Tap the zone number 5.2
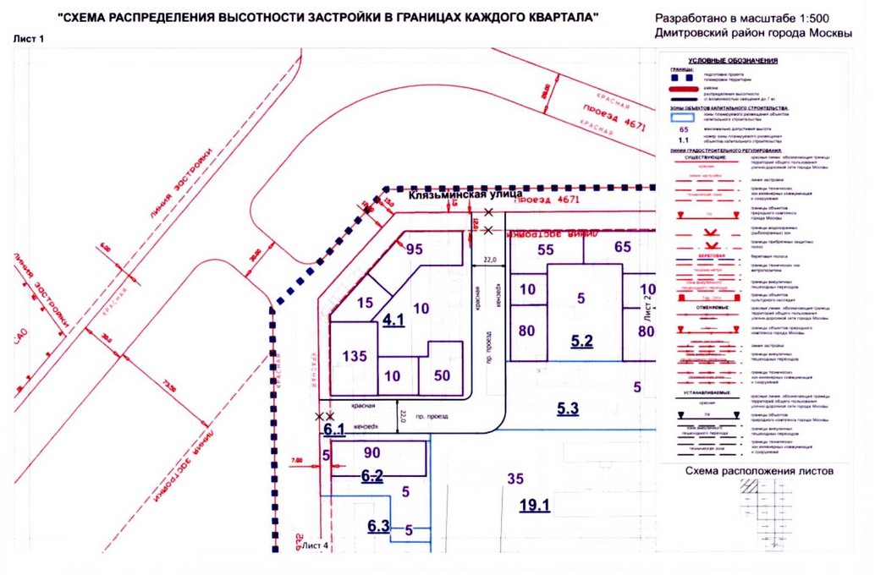click(582, 341)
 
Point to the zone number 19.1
click(535, 506)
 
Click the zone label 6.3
click(378, 526)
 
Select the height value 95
click(414, 249)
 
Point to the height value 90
click(371, 452)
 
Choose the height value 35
click(515, 479)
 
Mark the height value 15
click(365, 303)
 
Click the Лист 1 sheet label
click(29, 40)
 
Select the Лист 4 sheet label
click(314, 545)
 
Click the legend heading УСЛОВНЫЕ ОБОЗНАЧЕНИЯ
click(732, 61)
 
